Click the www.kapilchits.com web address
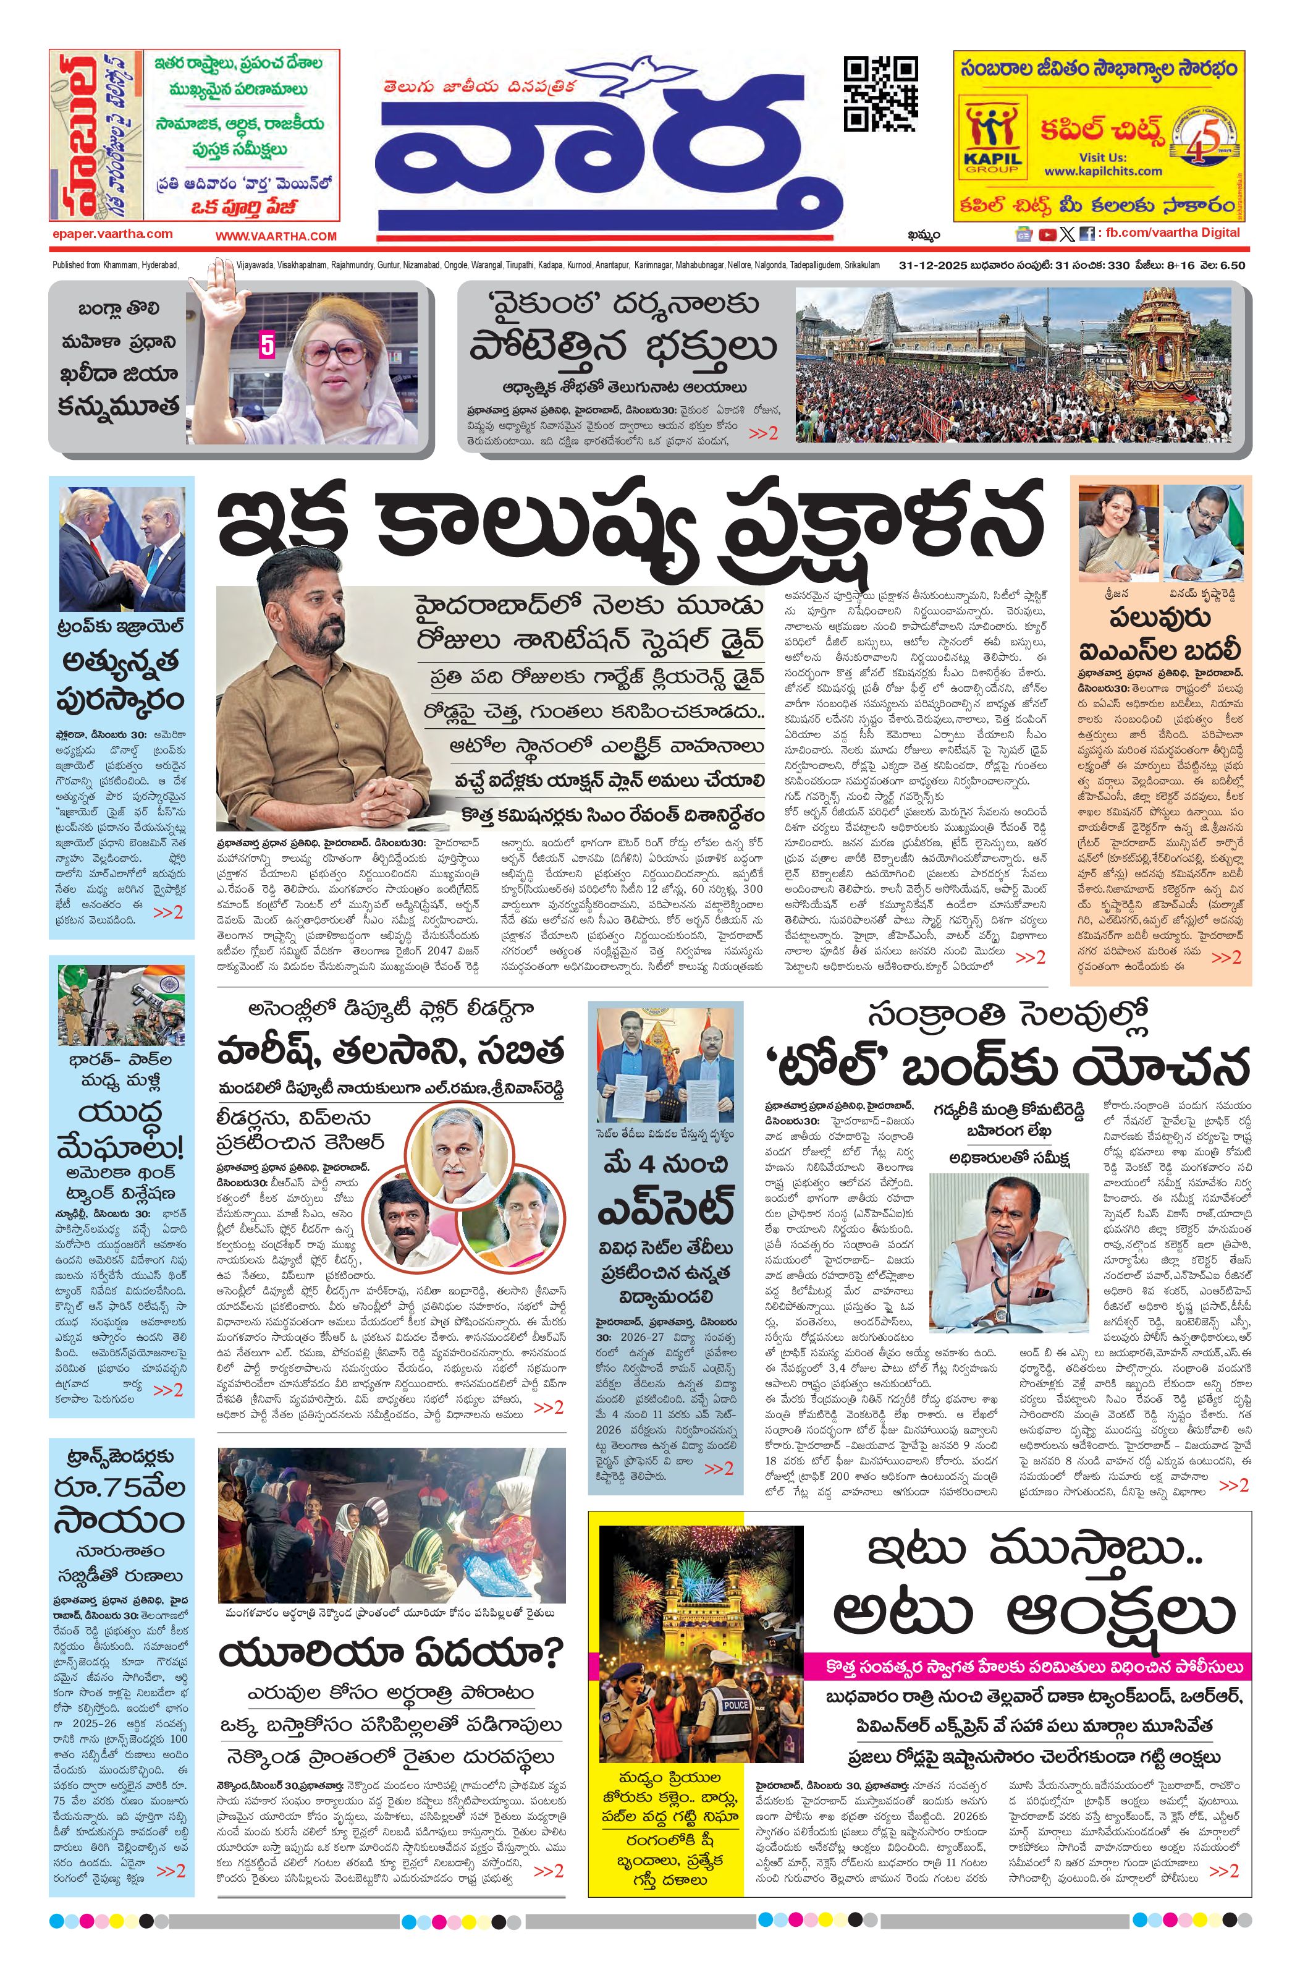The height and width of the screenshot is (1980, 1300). [x=1103, y=171]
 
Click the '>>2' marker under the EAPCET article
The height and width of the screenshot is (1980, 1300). [x=718, y=1468]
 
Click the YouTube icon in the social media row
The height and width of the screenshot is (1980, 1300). [x=1046, y=235]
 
